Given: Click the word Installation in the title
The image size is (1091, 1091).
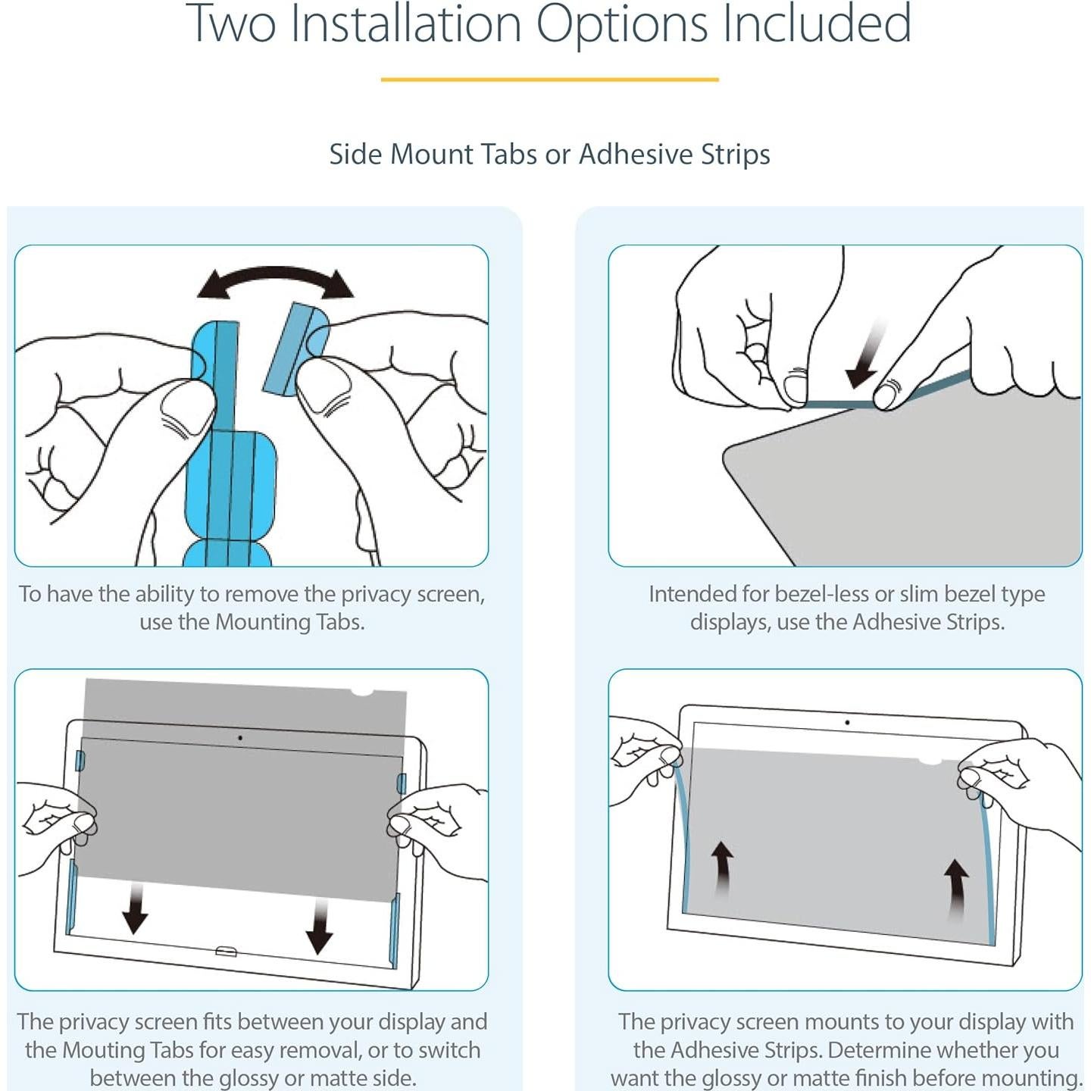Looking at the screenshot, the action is pos(406,23).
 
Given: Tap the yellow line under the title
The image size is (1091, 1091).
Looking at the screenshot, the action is pos(549,80).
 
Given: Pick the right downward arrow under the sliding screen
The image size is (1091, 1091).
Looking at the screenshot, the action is pos(319,925).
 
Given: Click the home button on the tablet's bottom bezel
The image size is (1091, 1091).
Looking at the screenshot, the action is pos(226,952).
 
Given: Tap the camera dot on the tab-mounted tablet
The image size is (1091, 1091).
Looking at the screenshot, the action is pos(240,738).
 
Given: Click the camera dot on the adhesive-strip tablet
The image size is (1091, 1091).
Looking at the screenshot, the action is pos(847,723).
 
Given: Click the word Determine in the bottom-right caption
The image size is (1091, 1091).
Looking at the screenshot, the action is pos(887,1050).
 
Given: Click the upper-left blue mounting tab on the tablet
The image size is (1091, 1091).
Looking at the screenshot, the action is pos(80,761).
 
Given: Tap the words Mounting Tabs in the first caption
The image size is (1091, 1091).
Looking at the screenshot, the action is pos(290,622).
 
